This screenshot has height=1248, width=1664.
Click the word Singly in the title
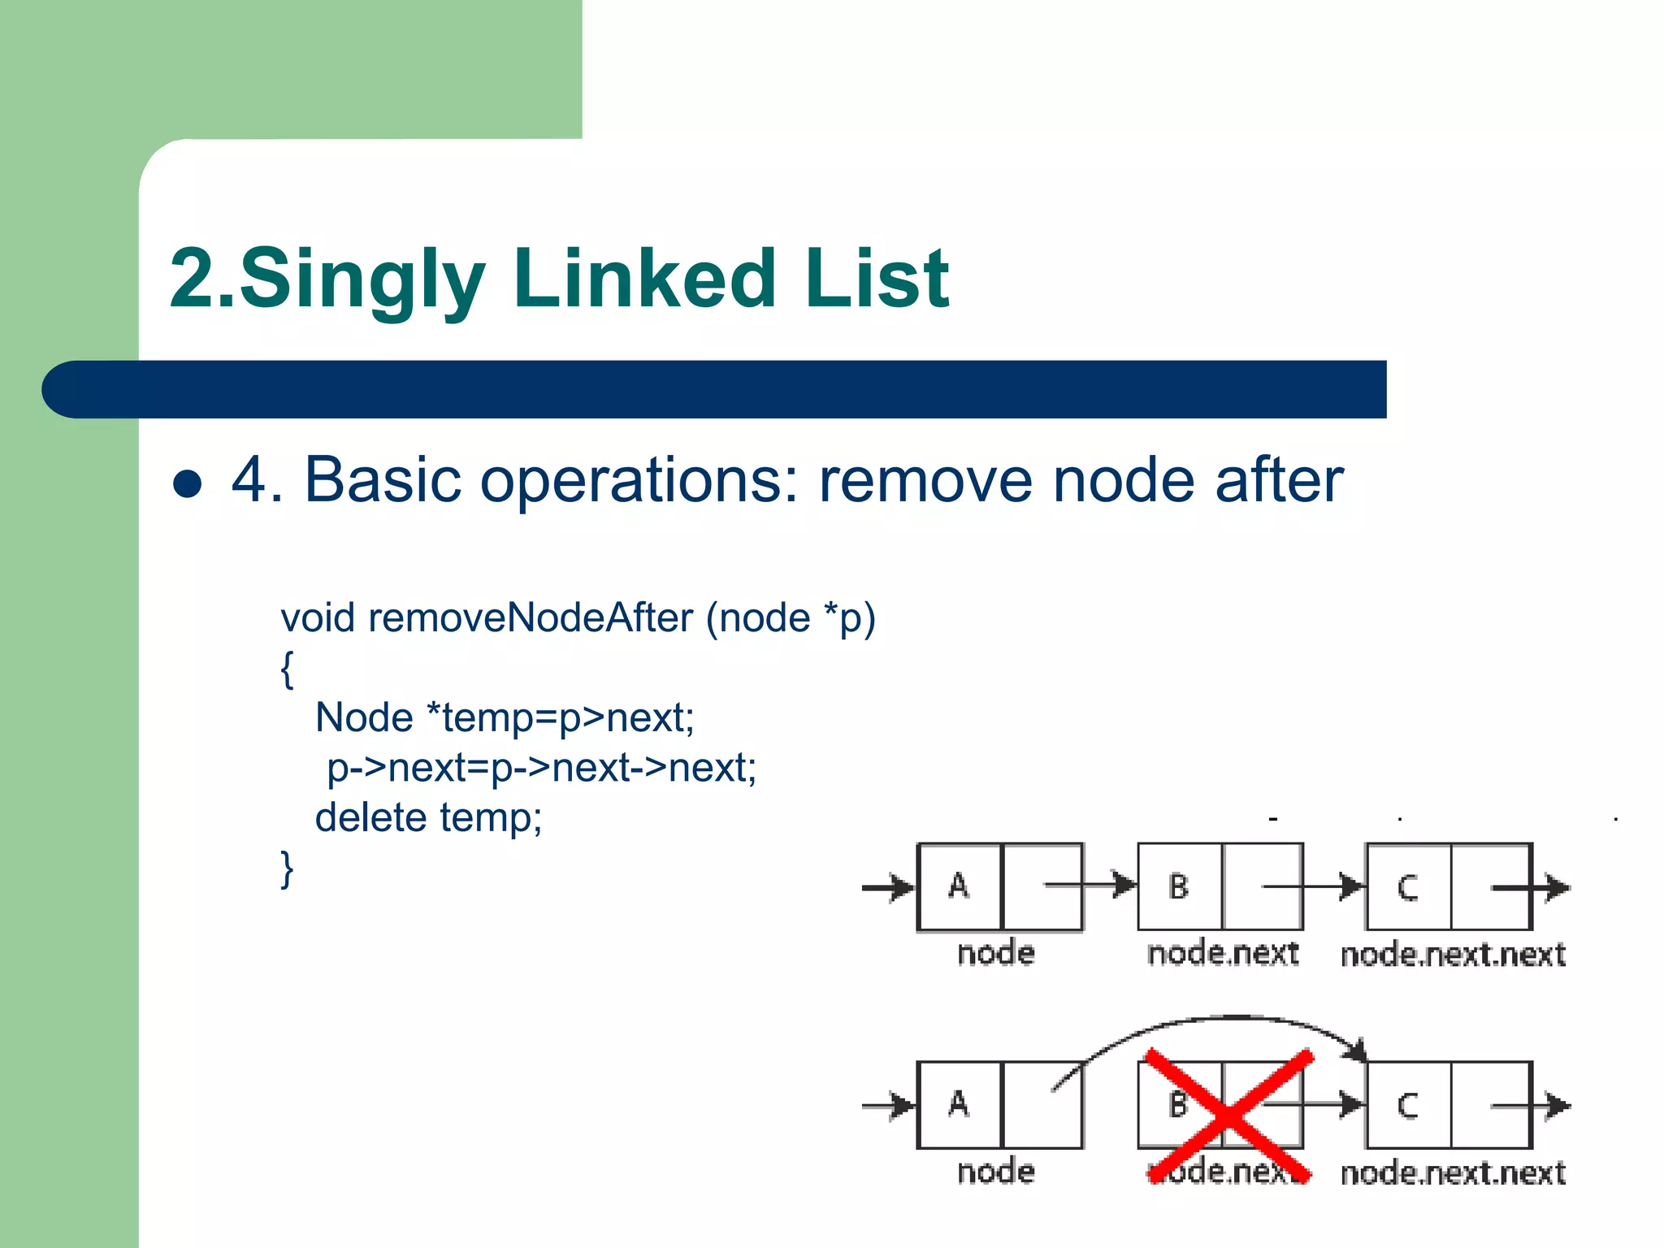(x=361, y=279)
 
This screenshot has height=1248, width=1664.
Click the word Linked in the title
(x=644, y=279)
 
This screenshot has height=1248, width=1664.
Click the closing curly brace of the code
(x=287, y=869)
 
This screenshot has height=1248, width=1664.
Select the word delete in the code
(x=370, y=817)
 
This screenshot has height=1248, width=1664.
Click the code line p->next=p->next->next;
(x=541, y=767)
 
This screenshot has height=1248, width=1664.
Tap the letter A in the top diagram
(x=959, y=886)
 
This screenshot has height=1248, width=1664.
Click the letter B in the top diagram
(x=1178, y=886)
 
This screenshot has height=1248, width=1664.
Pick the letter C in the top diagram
(x=1407, y=887)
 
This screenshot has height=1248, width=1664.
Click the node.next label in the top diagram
(x=1222, y=953)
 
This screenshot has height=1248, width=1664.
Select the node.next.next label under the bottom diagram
(x=1453, y=1172)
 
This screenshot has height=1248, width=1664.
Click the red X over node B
(x=1228, y=1115)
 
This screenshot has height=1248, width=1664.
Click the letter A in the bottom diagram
(x=959, y=1104)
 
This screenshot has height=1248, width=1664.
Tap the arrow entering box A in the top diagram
(x=889, y=887)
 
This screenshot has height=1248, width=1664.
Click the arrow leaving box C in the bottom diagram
(x=1544, y=1106)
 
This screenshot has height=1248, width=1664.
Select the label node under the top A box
(x=996, y=953)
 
